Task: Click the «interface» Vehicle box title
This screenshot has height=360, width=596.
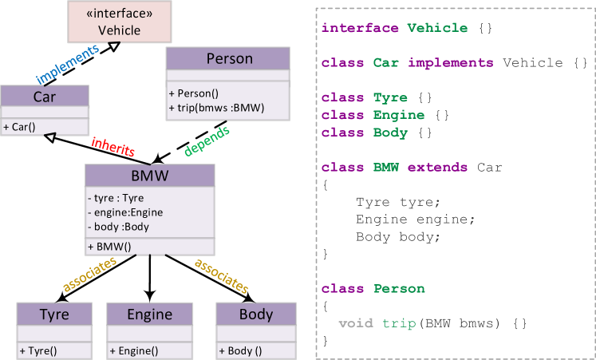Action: [x=119, y=22]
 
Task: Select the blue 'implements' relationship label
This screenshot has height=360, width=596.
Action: [x=67, y=64]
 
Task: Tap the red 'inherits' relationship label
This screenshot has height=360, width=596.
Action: [x=112, y=147]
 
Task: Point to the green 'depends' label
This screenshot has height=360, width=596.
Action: [x=207, y=139]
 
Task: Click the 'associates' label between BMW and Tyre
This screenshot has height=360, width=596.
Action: [x=89, y=274]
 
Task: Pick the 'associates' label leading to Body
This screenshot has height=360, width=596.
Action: [x=221, y=275]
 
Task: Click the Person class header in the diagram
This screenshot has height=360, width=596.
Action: [x=229, y=58]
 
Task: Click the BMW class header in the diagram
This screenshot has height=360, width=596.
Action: [x=149, y=176]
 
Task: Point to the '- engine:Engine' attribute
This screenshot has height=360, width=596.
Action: [x=125, y=212]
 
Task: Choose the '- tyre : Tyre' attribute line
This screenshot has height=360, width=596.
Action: [x=116, y=198]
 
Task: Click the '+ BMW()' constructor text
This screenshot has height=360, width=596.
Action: [x=109, y=247]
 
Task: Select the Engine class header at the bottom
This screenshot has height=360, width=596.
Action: [x=149, y=314]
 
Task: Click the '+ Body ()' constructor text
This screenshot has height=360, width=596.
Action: [x=240, y=350]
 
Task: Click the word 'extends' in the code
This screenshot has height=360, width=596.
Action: [x=438, y=168]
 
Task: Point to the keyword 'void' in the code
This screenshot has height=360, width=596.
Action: [x=355, y=323]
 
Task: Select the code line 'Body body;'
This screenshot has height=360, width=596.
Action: [x=397, y=237]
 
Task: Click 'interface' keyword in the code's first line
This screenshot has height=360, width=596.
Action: [x=360, y=28]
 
